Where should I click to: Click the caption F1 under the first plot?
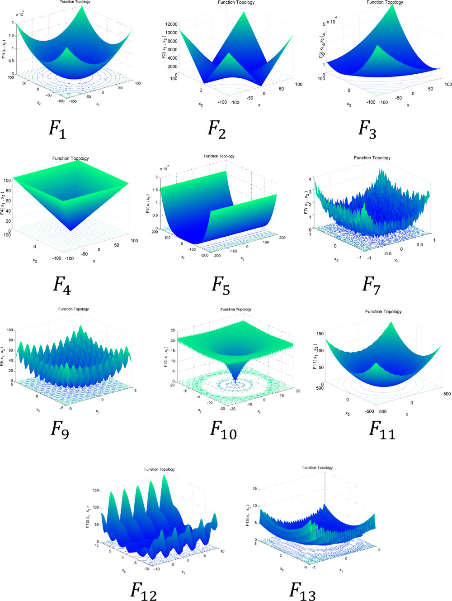coord(57,130)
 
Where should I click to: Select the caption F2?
coord(217,129)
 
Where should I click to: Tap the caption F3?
coord(367,129)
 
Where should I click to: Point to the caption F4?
coord(62,285)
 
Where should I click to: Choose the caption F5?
coord(221,286)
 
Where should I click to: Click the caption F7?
coord(372,285)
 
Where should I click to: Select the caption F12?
coord(144,591)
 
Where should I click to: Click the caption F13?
coord(302,591)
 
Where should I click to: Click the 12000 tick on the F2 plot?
coord(171,24)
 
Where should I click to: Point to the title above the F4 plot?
coord(71,158)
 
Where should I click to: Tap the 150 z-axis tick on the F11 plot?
coord(320,334)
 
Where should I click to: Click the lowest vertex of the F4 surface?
coord(71,231)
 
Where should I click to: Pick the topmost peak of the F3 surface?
coord(400,5)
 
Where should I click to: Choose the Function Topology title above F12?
coord(160,469)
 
